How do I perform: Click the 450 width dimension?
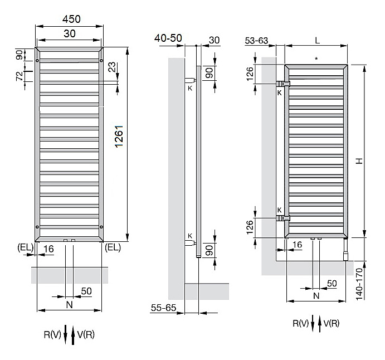[x=71, y=19]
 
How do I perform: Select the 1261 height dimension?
[x=119, y=137]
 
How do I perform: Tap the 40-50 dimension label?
[x=168, y=38]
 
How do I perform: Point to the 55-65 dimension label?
[x=163, y=308]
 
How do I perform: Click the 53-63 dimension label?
[x=256, y=41]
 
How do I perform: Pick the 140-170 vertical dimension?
[x=359, y=284]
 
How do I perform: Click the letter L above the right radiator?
[x=317, y=40]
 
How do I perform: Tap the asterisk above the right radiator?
[x=316, y=59]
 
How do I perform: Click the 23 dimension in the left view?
[x=112, y=67]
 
